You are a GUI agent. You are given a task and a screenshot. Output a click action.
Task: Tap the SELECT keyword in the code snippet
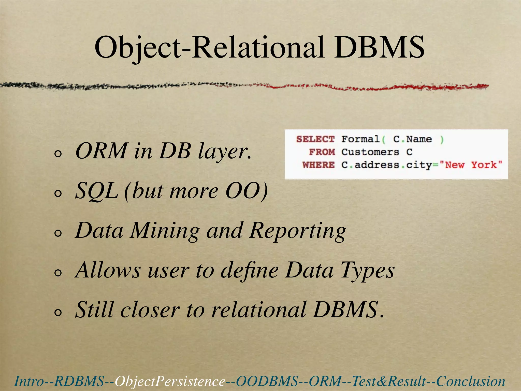click(x=315, y=139)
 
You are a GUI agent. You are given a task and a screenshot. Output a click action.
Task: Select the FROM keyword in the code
click(x=322, y=152)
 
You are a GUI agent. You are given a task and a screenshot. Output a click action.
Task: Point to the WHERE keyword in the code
click(x=319, y=165)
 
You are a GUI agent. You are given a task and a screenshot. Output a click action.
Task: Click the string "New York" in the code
click(x=470, y=165)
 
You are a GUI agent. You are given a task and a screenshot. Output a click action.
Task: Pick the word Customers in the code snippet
click(x=370, y=152)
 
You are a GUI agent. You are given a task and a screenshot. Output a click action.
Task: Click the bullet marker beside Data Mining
click(x=58, y=233)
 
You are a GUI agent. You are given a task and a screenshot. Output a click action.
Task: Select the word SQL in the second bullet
click(x=97, y=191)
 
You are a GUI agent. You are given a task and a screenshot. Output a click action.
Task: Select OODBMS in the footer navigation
click(x=267, y=381)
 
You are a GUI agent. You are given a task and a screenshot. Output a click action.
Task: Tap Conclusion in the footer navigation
click(x=471, y=381)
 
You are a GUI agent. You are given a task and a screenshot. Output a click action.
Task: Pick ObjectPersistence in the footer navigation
click(x=170, y=381)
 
